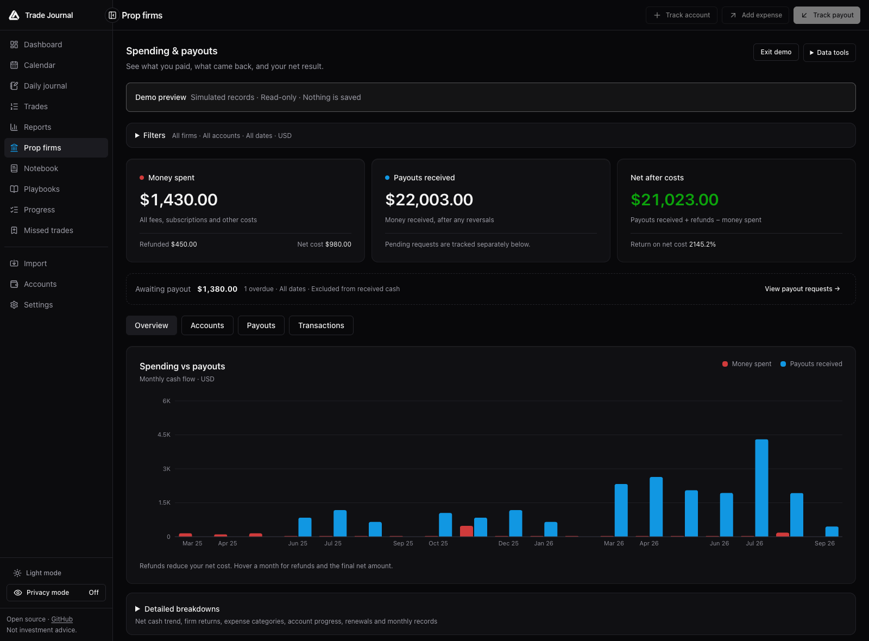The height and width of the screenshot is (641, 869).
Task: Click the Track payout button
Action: point(826,15)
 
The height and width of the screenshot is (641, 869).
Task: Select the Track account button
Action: point(681,15)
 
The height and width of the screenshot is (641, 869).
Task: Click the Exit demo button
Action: point(776,52)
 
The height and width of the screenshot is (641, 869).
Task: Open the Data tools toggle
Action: point(829,52)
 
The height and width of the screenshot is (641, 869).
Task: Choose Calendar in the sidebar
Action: point(39,65)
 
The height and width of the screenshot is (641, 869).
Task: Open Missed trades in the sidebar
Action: point(48,230)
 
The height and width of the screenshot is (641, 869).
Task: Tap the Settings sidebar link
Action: point(38,305)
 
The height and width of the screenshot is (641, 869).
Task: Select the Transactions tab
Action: point(321,325)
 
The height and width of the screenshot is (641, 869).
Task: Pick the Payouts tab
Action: point(261,325)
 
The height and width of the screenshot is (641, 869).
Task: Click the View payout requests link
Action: point(802,289)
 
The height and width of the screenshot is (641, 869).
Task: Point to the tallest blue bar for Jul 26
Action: point(761,488)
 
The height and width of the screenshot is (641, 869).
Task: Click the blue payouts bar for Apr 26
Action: point(656,507)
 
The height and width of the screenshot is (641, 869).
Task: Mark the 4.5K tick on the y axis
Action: point(163,435)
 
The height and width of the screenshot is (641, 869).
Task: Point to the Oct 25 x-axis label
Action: point(438,543)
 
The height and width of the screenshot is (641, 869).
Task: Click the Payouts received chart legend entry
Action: point(811,364)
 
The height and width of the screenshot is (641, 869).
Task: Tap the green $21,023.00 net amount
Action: point(674,200)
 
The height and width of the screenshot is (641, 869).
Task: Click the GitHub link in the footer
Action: point(62,619)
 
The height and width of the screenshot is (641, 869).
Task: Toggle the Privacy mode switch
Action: point(56,593)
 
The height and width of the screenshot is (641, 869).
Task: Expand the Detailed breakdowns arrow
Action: point(137,609)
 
